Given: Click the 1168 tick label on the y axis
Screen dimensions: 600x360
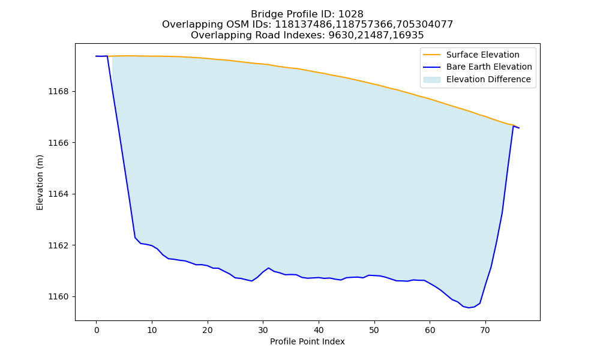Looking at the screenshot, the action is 58,91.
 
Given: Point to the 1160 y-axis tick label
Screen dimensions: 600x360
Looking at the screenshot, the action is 58,296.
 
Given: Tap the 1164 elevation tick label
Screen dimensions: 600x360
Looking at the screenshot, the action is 58,194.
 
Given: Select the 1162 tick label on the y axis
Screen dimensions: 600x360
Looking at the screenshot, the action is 58,245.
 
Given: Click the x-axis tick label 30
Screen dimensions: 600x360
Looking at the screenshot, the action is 263,330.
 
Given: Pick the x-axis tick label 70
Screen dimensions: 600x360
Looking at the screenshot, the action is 485,330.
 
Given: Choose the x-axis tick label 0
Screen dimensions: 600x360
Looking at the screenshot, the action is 97,330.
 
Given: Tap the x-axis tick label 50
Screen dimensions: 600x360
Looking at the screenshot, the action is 374,330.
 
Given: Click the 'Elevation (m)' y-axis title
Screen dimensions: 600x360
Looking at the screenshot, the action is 40,182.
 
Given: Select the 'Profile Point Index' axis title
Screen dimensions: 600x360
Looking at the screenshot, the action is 307,341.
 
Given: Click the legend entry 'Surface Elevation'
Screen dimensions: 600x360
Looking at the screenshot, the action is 482,55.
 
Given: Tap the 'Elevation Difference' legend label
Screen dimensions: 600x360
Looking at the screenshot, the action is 488,79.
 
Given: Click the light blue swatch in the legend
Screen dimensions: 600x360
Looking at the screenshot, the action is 431,80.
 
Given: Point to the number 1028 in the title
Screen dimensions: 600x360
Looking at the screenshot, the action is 351,14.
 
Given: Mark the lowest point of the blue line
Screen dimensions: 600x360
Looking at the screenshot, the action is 469,308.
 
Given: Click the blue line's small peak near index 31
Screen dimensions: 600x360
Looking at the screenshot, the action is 268,268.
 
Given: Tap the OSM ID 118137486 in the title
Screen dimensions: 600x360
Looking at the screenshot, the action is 304,25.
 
